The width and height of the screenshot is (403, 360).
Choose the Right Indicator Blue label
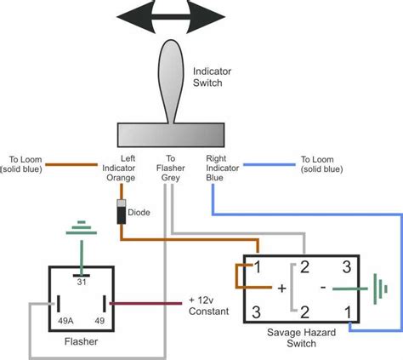(219, 169)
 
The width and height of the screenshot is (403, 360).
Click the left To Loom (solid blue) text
(23, 164)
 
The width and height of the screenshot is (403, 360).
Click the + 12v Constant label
(207, 307)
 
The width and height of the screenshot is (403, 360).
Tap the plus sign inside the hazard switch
(281, 288)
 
